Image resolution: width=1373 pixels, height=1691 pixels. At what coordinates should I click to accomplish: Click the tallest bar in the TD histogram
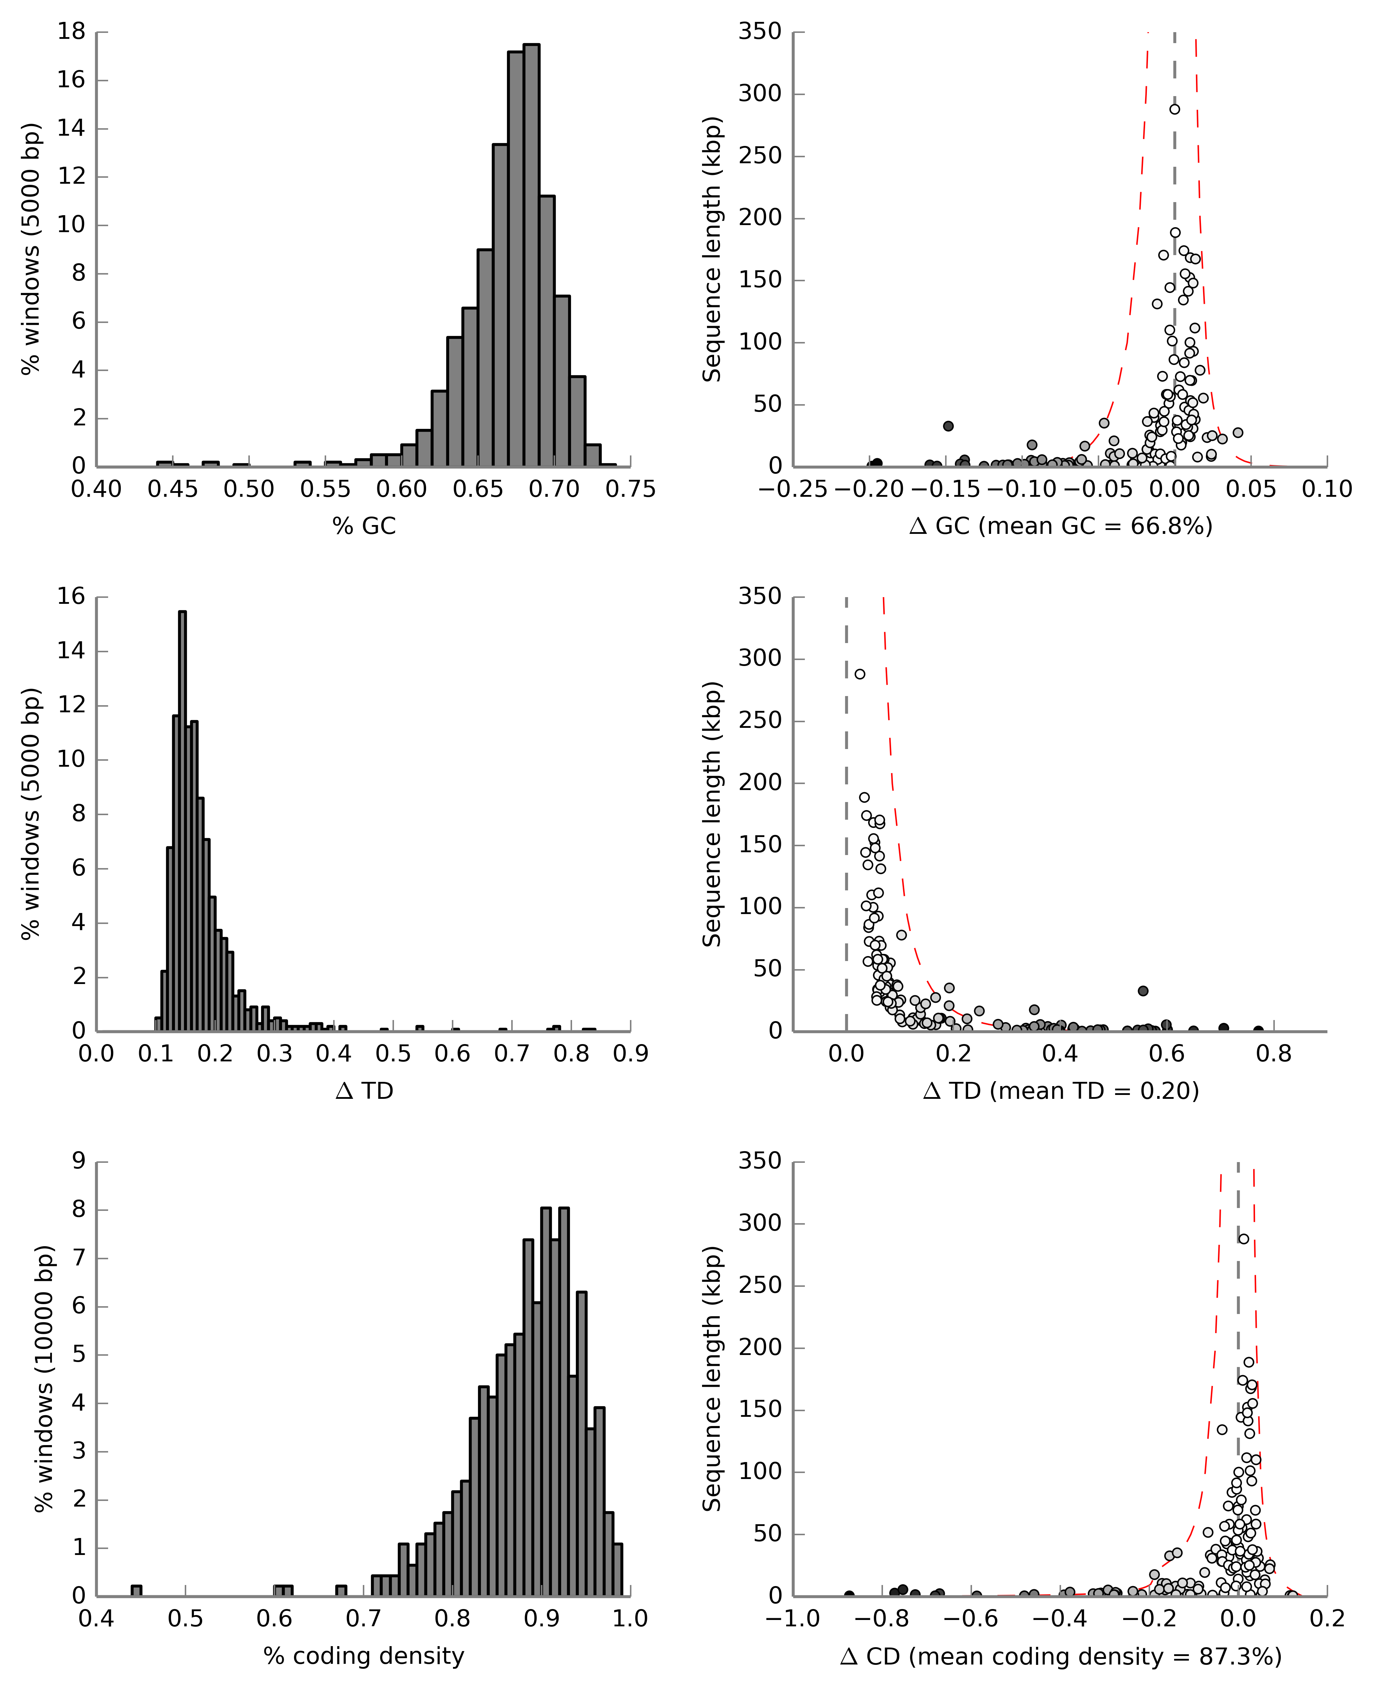[183, 821]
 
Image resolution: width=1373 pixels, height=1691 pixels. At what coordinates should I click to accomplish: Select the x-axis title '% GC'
[364, 526]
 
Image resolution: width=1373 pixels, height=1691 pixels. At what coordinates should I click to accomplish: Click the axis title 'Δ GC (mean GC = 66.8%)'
[1061, 526]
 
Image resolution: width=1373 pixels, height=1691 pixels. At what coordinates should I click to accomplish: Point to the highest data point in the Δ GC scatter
[1174, 109]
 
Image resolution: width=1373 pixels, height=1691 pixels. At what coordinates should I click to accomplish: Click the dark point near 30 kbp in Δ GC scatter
[948, 426]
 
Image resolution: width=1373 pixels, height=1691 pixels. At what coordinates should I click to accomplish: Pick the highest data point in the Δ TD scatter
[860, 674]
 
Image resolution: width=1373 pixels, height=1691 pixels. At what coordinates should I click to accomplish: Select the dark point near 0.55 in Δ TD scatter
[1143, 991]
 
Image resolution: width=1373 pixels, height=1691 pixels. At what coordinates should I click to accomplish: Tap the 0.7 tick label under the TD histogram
[512, 1054]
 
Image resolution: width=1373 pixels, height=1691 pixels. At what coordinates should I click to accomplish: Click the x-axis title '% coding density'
[364, 1655]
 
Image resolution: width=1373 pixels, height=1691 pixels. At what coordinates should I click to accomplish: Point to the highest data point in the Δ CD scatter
[1243, 1239]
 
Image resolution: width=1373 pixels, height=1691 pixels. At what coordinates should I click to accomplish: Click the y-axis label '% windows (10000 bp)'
[45, 1379]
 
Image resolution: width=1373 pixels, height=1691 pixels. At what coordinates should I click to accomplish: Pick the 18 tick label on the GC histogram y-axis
[71, 32]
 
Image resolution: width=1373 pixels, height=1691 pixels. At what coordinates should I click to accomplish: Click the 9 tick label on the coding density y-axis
[78, 1160]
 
